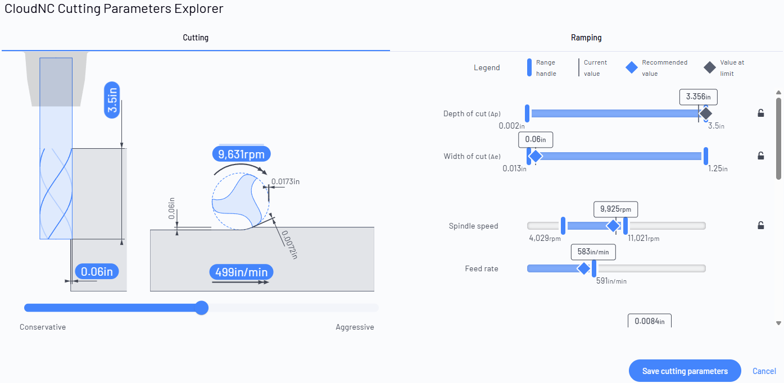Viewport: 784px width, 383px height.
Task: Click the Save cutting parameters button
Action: click(685, 371)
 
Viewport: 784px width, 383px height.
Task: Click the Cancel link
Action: click(764, 371)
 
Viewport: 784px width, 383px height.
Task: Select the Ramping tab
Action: click(586, 38)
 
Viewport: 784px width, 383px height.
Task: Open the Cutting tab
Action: click(196, 38)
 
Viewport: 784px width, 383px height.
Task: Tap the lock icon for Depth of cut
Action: click(760, 113)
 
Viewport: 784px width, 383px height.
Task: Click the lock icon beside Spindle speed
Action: click(760, 225)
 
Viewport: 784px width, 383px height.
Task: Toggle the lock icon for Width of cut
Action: click(760, 156)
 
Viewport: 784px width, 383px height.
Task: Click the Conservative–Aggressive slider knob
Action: click(202, 308)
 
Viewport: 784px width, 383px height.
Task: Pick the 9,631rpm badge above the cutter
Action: click(242, 154)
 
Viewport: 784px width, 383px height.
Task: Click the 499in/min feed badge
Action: click(242, 272)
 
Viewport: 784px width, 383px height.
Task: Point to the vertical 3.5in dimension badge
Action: click(112, 100)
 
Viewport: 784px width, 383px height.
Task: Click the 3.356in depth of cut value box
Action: click(698, 97)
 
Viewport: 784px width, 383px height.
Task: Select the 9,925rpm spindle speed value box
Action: click(615, 209)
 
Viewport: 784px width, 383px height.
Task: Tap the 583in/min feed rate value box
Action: click(593, 252)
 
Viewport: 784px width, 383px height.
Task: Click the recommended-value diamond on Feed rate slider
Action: click(584, 268)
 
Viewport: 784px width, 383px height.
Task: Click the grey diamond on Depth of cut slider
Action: click(706, 113)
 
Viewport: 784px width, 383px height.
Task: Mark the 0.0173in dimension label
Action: click(285, 181)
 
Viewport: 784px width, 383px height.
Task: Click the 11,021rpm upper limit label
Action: click(643, 239)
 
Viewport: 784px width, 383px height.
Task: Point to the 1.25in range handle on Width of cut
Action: click(706, 156)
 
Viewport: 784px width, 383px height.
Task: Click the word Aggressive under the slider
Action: click(355, 327)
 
